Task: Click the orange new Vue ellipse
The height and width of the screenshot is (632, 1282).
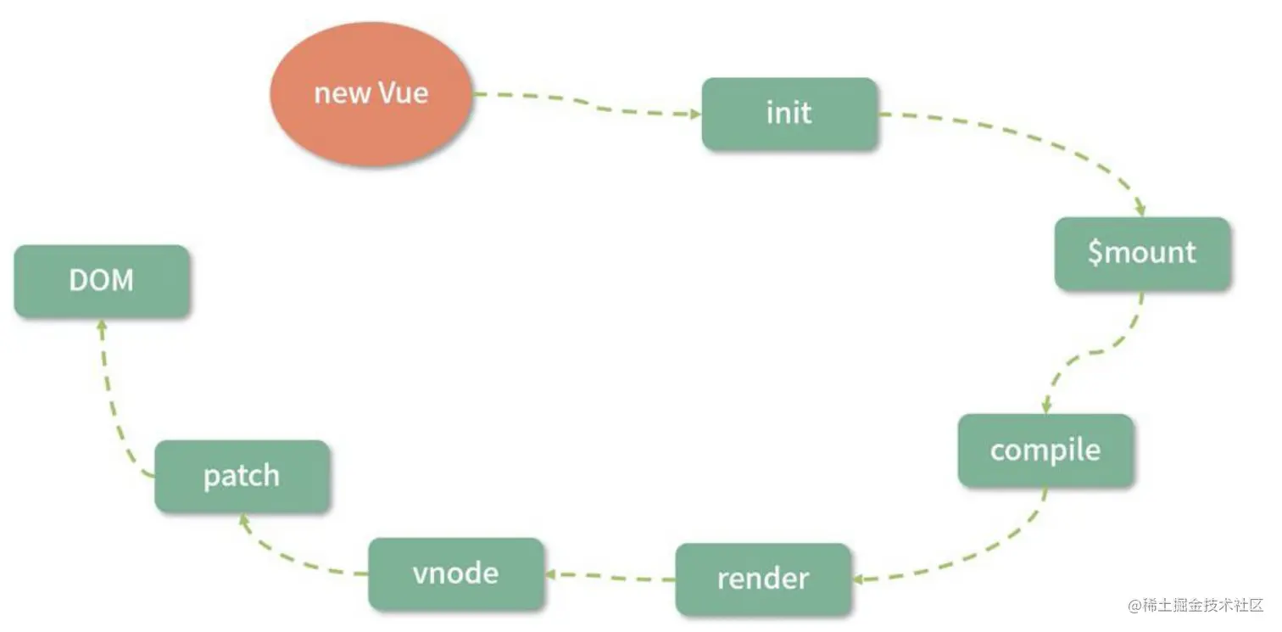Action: pyautogui.click(x=370, y=92)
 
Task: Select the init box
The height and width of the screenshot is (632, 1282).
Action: pyautogui.click(x=789, y=114)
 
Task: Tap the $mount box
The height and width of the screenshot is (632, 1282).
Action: pyautogui.click(x=1142, y=253)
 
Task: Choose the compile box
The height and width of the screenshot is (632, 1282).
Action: pyautogui.click(x=1045, y=450)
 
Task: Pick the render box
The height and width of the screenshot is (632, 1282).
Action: pyautogui.click(x=763, y=579)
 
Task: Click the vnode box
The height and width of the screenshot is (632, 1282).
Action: pyautogui.click(x=455, y=573)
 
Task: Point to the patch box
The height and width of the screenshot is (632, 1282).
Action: pyautogui.click(x=242, y=476)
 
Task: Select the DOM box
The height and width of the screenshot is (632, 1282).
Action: pyautogui.click(x=102, y=281)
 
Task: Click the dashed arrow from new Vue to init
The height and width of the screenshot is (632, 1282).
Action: pyautogui.click(x=585, y=104)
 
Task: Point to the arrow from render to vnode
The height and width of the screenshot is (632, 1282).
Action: pyautogui.click(x=610, y=576)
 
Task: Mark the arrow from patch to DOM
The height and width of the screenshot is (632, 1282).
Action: pyautogui.click(x=114, y=399)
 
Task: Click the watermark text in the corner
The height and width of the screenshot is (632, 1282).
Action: pyautogui.click(x=1196, y=605)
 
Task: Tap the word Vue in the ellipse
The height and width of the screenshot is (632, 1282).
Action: pyautogui.click(x=403, y=92)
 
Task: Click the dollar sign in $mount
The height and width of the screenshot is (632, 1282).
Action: pyautogui.click(x=1095, y=253)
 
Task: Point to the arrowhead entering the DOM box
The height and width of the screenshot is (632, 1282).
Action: pyautogui.click(x=101, y=326)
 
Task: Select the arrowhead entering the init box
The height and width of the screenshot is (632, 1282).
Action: pyautogui.click(x=694, y=114)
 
